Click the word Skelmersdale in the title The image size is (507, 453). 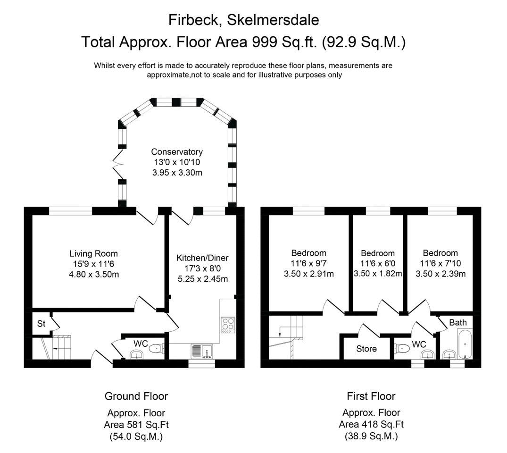[273, 20]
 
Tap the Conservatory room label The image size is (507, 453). [177, 152]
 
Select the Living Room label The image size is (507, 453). [93, 253]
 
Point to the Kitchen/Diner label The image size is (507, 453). [202, 258]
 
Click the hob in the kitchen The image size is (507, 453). [228, 324]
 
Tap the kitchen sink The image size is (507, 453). [201, 351]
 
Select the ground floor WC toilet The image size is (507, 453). [156, 350]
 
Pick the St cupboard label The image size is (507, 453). [41, 324]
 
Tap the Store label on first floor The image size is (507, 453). [366, 349]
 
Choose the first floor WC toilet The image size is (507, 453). [402, 349]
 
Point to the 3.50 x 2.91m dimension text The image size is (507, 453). [309, 274]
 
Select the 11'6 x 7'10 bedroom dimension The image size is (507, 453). [441, 263]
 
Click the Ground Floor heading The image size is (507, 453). [136, 396]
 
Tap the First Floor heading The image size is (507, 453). [371, 396]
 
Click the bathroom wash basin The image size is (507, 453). [449, 353]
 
